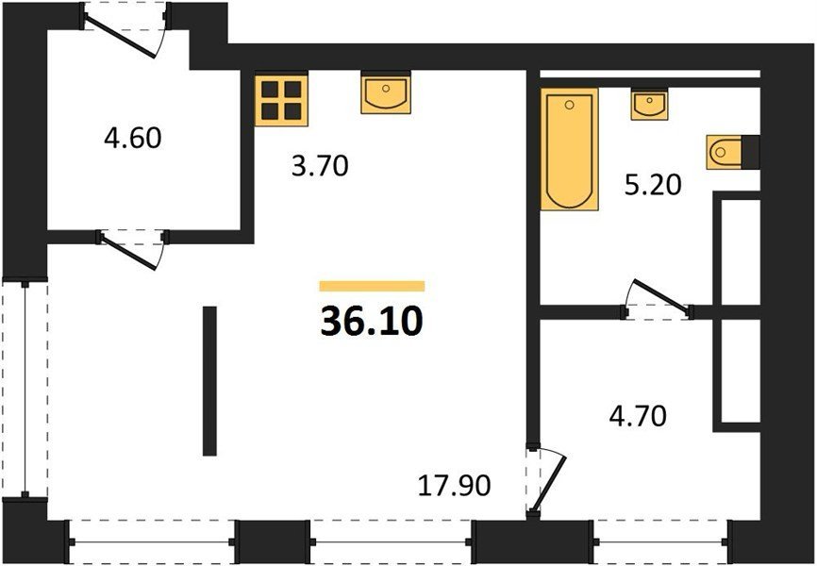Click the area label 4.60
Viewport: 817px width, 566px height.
click(x=133, y=139)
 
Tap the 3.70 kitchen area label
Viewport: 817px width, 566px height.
click(x=320, y=167)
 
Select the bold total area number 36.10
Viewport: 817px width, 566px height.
click(x=372, y=322)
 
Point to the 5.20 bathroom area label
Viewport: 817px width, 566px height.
click(x=653, y=185)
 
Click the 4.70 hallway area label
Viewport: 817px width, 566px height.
click(x=638, y=417)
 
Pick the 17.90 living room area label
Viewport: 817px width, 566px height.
click(x=455, y=486)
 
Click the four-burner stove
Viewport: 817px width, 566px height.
click(x=281, y=101)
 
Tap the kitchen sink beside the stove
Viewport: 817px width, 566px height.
click(x=386, y=94)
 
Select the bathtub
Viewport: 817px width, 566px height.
click(x=569, y=149)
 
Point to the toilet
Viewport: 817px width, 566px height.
click(x=725, y=152)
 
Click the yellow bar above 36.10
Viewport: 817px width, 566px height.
click(x=372, y=286)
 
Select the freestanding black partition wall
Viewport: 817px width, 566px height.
click(x=209, y=381)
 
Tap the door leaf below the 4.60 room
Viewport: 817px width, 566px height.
click(x=127, y=252)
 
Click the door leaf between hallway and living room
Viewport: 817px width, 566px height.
click(x=549, y=484)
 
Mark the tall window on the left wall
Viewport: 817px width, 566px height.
click(x=25, y=390)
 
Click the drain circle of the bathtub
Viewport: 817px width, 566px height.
click(x=569, y=106)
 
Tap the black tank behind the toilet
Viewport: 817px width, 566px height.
click(x=751, y=152)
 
